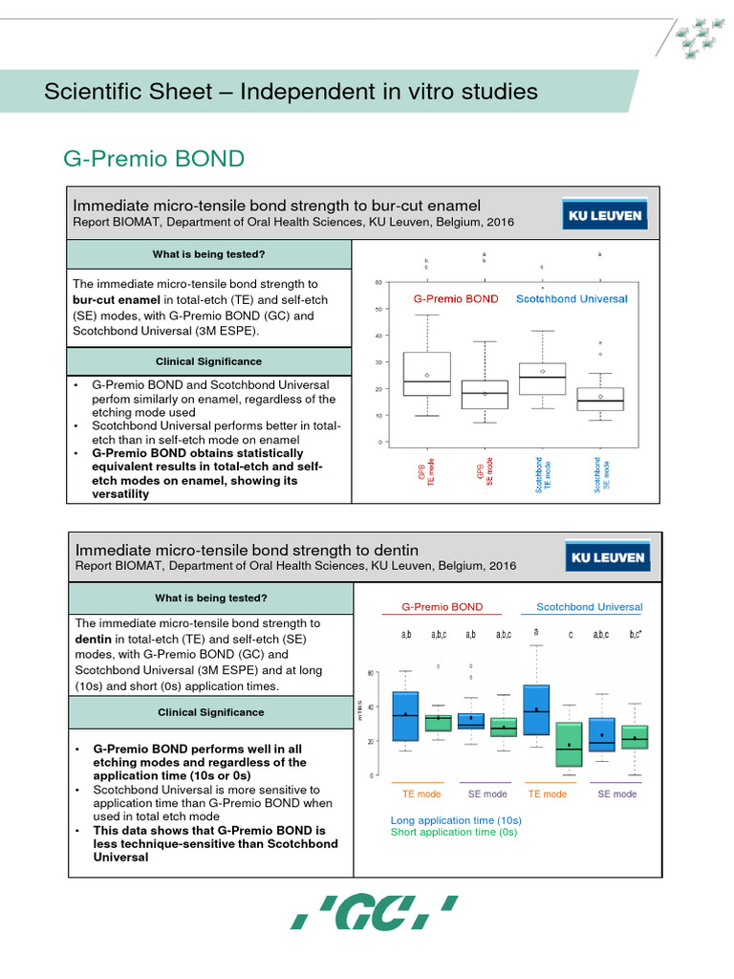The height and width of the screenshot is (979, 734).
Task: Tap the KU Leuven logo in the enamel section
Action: tap(606, 215)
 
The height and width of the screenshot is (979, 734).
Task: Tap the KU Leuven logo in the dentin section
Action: tap(606, 556)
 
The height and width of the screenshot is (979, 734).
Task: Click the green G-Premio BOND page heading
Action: tap(154, 158)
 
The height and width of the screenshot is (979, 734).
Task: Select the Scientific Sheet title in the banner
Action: tap(291, 92)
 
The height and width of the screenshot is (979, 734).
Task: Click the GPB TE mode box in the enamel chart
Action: tap(427, 374)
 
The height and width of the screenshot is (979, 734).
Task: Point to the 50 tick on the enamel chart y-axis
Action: tap(379, 309)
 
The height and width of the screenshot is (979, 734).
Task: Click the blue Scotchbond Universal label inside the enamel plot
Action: tap(572, 299)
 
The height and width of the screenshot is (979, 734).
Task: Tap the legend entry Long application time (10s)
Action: tap(456, 820)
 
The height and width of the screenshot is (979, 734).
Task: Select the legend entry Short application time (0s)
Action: tap(453, 833)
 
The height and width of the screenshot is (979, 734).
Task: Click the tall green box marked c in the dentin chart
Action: tap(570, 744)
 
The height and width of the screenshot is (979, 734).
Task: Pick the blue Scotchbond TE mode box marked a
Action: tap(537, 709)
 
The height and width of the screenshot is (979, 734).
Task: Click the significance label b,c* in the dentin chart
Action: tap(635, 634)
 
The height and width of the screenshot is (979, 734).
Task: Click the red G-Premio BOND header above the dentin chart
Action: tap(442, 607)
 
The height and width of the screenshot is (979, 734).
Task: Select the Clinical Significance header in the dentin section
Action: tap(209, 712)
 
